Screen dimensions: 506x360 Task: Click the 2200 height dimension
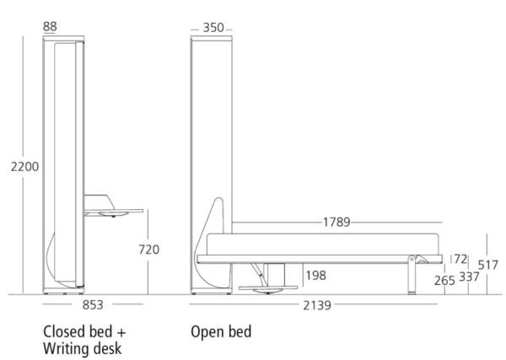pos(24,167)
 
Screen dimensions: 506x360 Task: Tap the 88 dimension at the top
pos(50,26)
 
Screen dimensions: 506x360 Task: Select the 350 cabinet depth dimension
pos(213,28)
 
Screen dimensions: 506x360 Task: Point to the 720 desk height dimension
pos(148,250)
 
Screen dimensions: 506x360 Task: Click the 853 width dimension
pos(93,305)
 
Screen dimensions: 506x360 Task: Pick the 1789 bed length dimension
pos(336,222)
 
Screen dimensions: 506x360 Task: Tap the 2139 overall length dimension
pos(317,305)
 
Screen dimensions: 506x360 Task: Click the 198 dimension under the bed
pos(316,276)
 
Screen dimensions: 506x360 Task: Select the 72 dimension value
pos(460,259)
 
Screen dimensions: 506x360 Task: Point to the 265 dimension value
pos(444,281)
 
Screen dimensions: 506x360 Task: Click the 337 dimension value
pos(469,277)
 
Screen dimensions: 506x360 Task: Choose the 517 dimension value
pos(488,266)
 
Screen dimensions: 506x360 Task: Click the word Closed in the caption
pos(60,331)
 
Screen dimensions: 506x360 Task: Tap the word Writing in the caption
pos(66,349)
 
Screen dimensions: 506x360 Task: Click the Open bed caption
pos(221,332)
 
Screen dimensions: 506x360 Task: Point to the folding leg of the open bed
pos(412,275)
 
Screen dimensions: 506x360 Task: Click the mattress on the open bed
pos(322,244)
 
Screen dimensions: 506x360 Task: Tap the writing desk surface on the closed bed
pos(114,211)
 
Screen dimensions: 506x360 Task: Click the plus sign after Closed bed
pos(121,332)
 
